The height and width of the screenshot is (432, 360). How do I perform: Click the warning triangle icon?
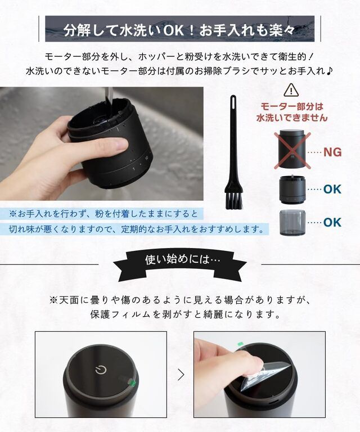tap(291, 90)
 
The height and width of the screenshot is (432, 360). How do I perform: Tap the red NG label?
tap(332, 151)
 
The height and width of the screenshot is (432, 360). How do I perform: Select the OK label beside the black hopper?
tap(332, 189)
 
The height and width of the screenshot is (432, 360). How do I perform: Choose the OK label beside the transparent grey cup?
tap(332, 222)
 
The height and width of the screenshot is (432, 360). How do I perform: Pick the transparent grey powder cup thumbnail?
tap(292, 222)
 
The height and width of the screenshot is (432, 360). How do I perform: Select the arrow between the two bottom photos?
tap(181, 374)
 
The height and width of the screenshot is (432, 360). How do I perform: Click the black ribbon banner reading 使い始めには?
tap(179, 260)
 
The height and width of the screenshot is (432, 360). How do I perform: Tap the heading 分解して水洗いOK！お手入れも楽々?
tap(179, 29)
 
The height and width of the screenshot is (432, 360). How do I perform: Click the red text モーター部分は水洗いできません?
tap(291, 112)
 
